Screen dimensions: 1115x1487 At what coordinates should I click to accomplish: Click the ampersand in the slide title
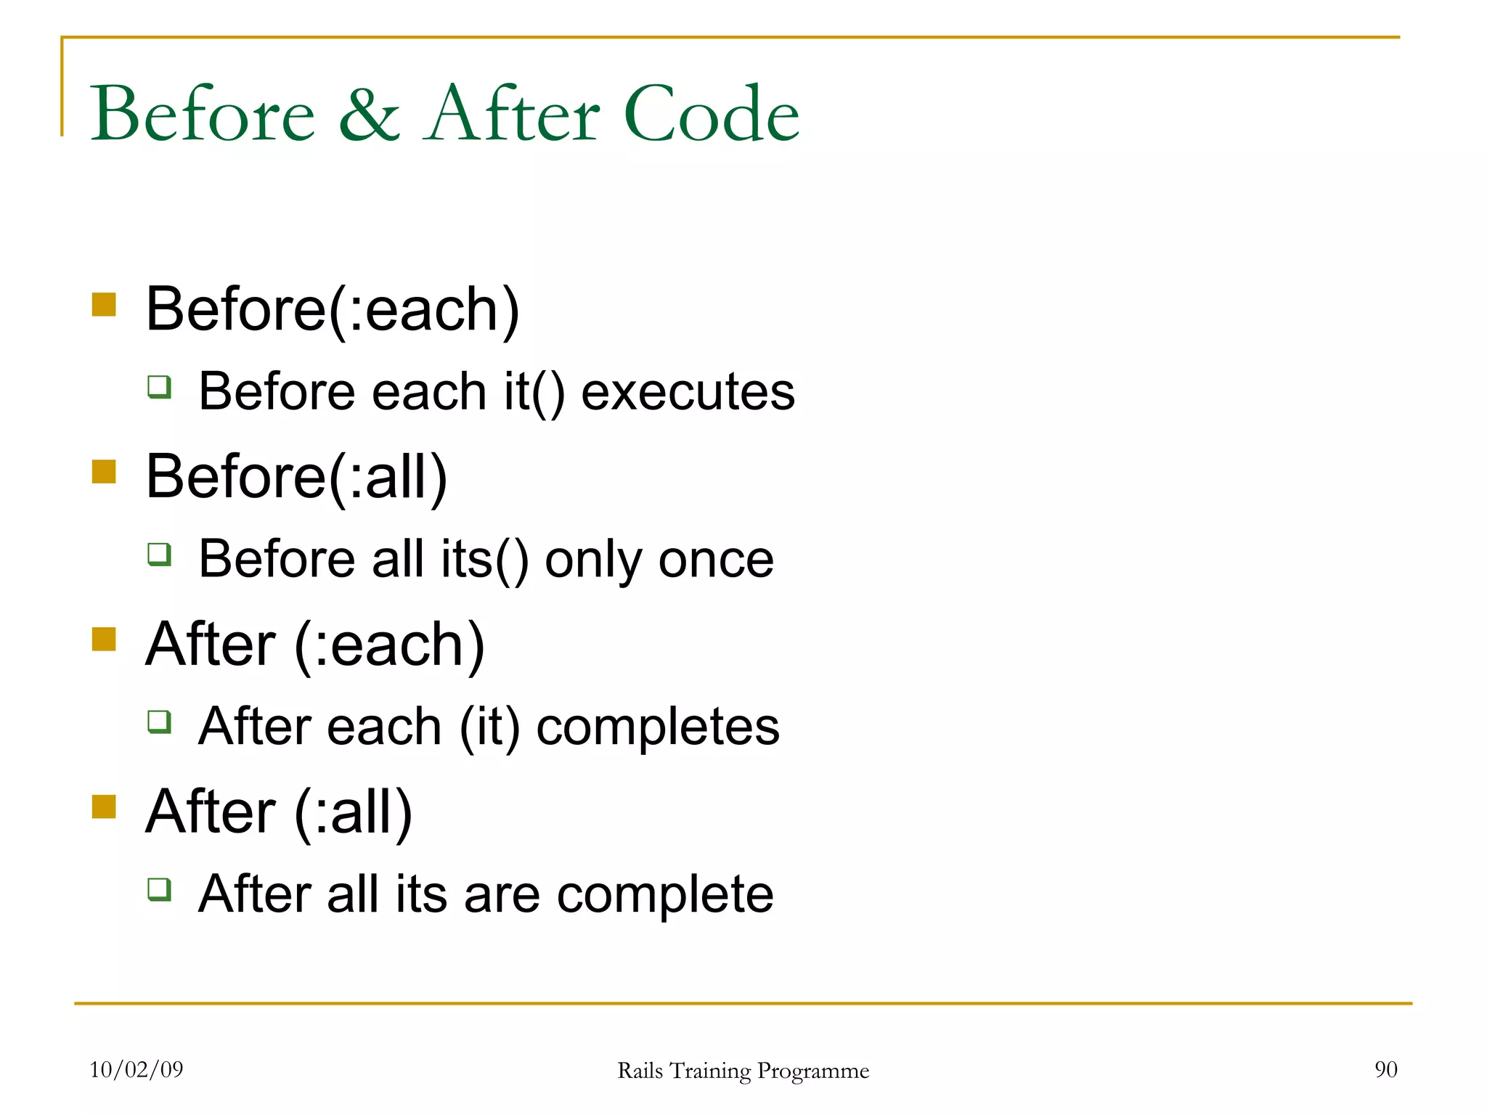click(x=369, y=115)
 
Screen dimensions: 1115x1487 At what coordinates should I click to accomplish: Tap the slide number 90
click(x=1385, y=1069)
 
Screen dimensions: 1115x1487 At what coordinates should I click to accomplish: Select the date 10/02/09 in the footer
click(x=137, y=1069)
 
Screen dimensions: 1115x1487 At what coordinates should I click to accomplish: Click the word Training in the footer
click(x=710, y=1071)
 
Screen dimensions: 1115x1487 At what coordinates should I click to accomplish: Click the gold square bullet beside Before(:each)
click(x=105, y=305)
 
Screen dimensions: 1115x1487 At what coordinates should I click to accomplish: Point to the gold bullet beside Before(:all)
click(x=105, y=472)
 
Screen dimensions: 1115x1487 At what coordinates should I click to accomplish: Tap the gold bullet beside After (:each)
click(x=105, y=640)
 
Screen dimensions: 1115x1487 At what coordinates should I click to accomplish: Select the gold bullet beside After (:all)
click(x=105, y=806)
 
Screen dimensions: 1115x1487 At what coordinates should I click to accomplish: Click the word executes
click(x=688, y=392)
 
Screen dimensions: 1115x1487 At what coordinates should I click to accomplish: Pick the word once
click(x=715, y=560)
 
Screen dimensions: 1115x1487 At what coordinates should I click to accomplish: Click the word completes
click(x=657, y=727)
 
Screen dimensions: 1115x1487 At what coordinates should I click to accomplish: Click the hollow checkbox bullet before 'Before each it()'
click(x=160, y=387)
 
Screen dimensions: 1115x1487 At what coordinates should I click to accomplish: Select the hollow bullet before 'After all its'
click(x=160, y=889)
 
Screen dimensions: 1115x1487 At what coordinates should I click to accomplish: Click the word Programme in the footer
click(x=812, y=1071)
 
